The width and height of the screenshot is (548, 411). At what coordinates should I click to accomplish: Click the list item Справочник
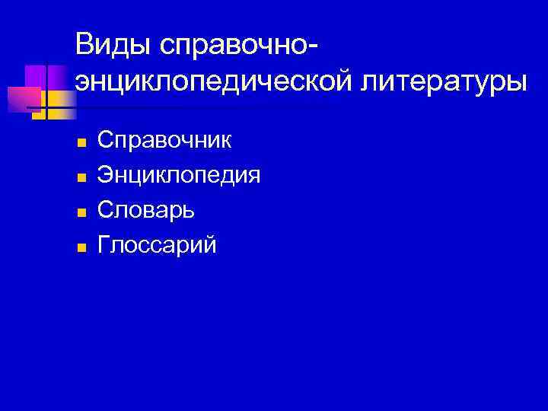click(x=166, y=141)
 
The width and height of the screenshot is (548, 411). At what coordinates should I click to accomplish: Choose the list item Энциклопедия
click(x=179, y=176)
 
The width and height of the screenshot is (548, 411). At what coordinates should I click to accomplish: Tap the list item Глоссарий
click(x=158, y=245)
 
